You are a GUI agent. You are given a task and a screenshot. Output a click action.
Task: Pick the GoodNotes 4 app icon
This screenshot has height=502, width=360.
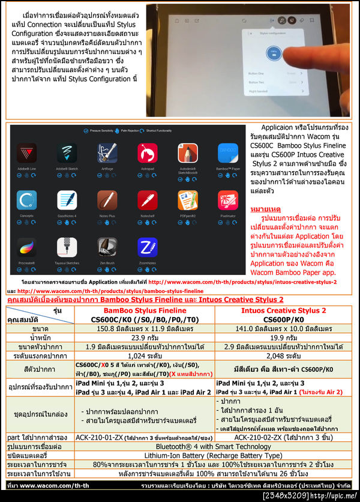(67, 202)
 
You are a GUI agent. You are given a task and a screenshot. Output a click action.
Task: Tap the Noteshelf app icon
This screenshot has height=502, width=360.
(147, 202)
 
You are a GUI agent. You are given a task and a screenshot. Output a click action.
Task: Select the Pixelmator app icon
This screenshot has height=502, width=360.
(227, 202)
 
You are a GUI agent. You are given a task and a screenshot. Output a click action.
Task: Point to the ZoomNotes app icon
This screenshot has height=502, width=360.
(147, 248)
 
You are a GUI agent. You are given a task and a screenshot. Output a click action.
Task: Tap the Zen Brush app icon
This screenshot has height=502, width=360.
(106, 248)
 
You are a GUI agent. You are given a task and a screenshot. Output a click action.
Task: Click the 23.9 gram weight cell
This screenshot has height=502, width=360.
(145, 337)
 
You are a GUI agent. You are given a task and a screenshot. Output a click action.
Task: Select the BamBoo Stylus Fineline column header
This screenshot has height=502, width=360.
(145, 315)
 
